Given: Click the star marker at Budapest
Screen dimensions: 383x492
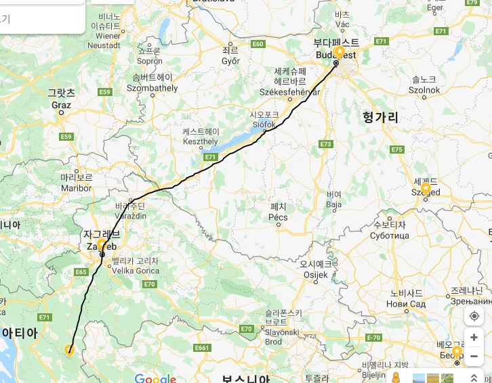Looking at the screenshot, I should [340, 53].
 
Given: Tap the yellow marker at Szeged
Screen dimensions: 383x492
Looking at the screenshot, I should [426, 187].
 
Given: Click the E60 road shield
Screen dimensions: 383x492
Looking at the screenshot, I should [257, 44].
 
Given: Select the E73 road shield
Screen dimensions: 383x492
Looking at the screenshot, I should [326, 144].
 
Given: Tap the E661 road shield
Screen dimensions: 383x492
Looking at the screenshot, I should [201, 348].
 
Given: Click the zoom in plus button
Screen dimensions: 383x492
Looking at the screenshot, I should [474, 338].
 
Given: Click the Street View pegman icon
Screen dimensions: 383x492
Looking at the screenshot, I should [396, 378].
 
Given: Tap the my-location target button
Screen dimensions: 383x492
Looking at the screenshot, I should [474, 316].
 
